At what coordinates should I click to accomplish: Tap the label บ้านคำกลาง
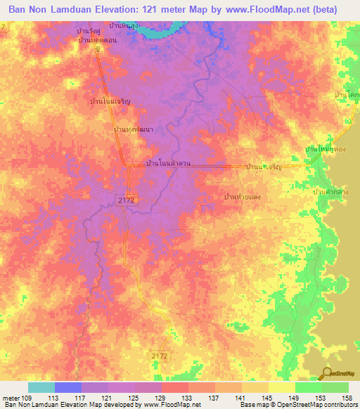[335, 191]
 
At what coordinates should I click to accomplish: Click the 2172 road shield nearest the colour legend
[160, 357]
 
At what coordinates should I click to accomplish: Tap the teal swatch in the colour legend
[41, 387]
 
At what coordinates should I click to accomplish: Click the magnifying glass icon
[326, 373]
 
